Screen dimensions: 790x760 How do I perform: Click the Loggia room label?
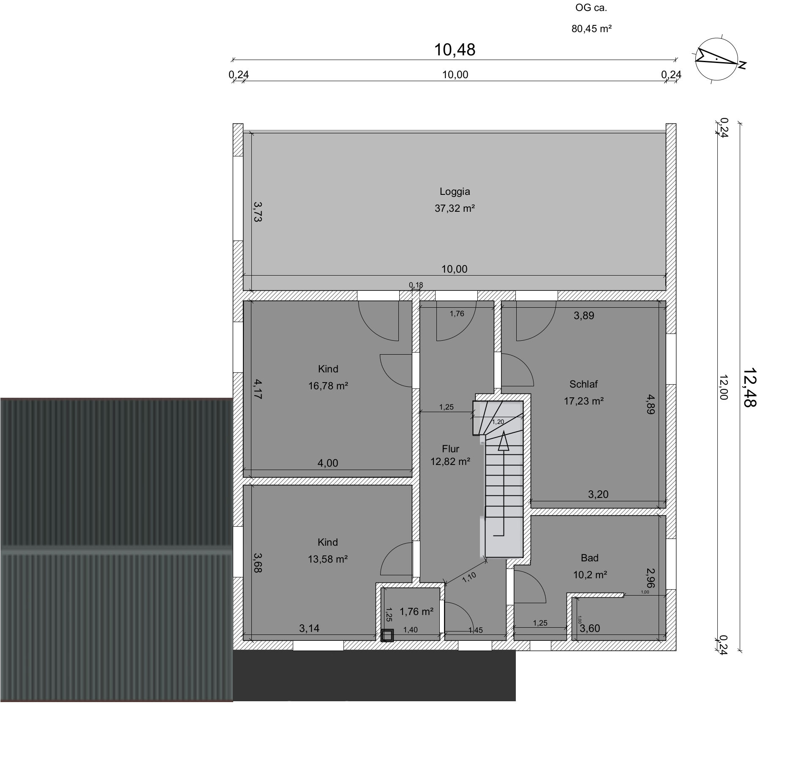click(455, 191)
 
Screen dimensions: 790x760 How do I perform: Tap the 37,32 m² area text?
click(455, 208)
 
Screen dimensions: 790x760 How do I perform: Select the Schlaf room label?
click(583, 384)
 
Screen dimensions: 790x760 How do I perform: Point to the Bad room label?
click(590, 558)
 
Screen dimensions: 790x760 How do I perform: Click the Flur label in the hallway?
click(450, 449)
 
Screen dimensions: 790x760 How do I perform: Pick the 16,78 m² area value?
click(328, 386)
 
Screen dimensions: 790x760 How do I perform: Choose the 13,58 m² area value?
click(328, 559)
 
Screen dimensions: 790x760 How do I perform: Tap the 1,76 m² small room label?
click(417, 612)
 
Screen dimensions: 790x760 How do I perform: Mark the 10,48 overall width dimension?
click(455, 50)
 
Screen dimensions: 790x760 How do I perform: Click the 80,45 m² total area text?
click(592, 29)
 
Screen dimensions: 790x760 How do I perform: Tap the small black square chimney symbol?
click(387, 636)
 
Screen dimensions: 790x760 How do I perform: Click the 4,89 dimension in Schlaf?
click(651, 405)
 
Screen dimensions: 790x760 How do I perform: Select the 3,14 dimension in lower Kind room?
click(309, 629)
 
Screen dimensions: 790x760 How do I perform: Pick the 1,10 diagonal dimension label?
click(469, 577)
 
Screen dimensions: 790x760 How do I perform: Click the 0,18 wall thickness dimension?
click(416, 285)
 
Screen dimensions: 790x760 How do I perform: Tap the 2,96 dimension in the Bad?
click(651, 578)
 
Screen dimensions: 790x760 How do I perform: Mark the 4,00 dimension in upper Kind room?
click(328, 463)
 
